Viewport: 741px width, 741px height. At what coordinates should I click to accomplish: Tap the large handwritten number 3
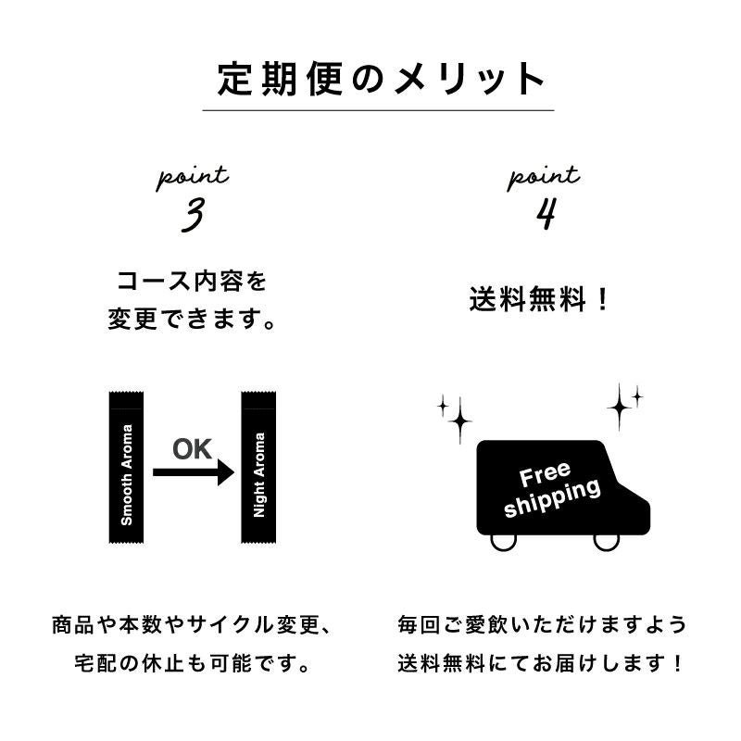pyautogui.click(x=193, y=217)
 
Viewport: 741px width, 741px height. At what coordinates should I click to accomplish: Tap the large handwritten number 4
pyautogui.click(x=545, y=214)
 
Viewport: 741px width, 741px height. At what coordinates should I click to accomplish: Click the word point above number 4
pyautogui.click(x=544, y=176)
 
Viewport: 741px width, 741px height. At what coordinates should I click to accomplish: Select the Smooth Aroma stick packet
pyautogui.click(x=127, y=468)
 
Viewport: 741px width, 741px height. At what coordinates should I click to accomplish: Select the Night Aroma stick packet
pyautogui.click(x=258, y=468)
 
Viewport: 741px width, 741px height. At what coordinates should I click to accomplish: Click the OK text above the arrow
pyautogui.click(x=193, y=450)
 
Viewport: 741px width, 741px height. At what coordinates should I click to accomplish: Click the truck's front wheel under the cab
pyautogui.click(x=606, y=541)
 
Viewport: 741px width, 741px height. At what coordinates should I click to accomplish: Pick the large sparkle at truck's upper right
pyautogui.click(x=619, y=407)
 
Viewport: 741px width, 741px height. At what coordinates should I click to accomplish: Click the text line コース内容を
pyautogui.click(x=192, y=281)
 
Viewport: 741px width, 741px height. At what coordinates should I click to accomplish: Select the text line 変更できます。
pyautogui.click(x=192, y=321)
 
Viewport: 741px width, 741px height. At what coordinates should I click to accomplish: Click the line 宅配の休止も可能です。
pyautogui.click(x=192, y=664)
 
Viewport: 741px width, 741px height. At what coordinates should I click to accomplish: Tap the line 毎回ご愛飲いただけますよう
pyautogui.click(x=543, y=624)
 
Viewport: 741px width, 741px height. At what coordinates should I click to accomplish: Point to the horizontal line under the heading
pyautogui.click(x=378, y=111)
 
